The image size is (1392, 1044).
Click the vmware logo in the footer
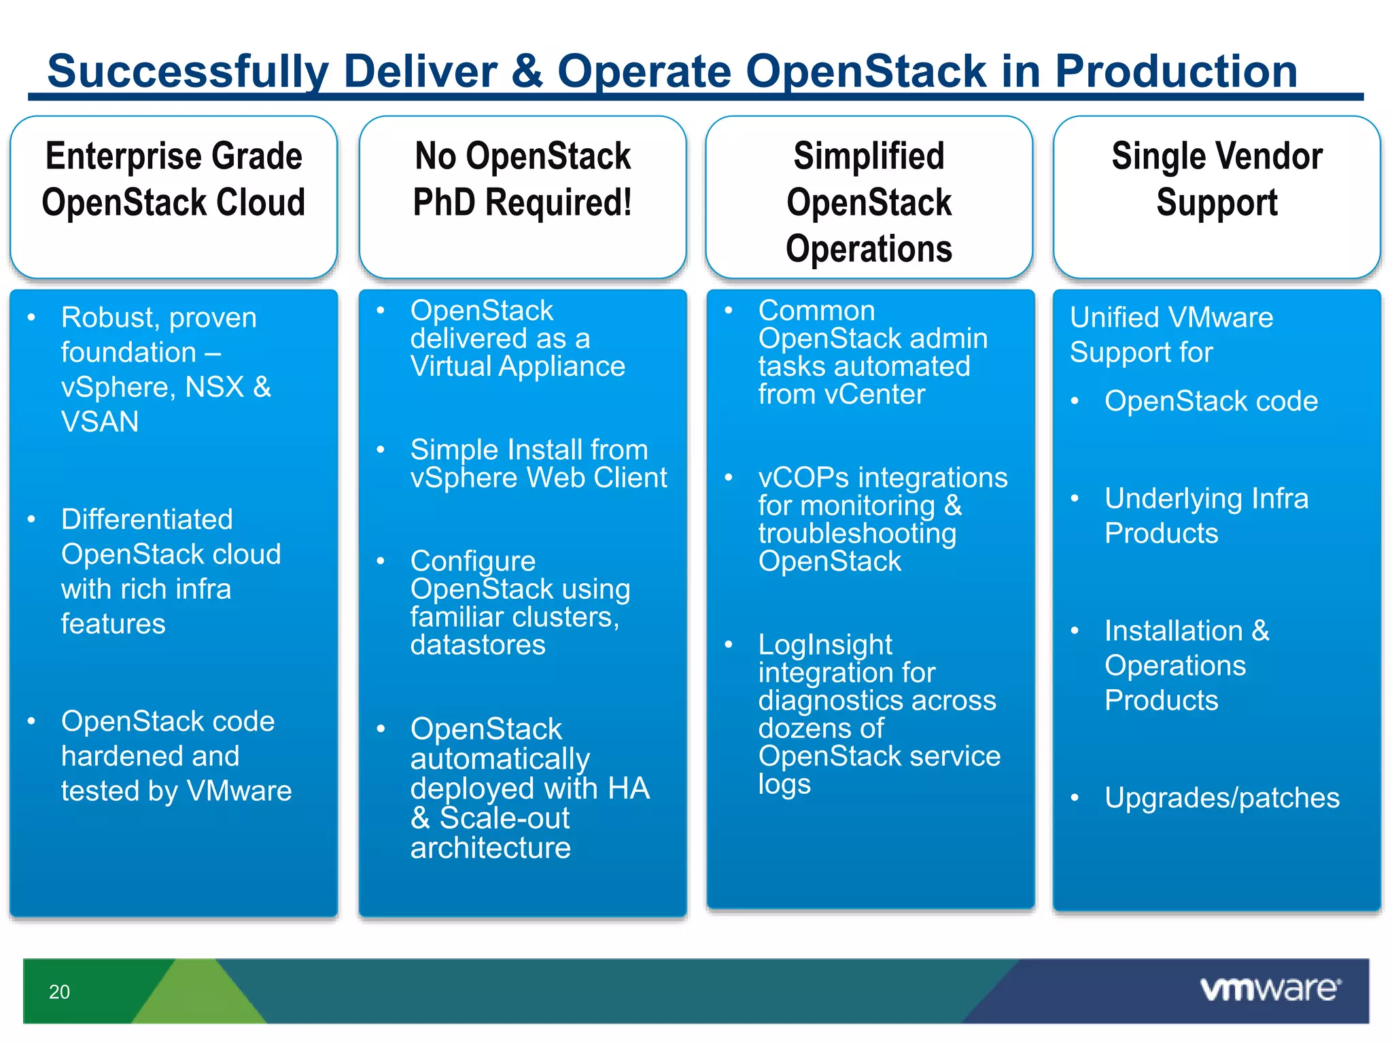[1270, 989]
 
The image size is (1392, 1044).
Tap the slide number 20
[59, 992]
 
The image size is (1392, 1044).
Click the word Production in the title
[1175, 71]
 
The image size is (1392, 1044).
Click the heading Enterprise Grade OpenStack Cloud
[173, 179]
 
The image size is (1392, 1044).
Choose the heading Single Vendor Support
[1217, 179]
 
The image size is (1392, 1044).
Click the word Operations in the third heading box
[869, 249]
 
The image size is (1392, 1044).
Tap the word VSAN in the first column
[100, 422]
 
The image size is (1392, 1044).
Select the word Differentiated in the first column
[147, 519]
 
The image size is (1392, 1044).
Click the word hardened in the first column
[150, 756]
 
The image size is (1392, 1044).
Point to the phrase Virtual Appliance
[517, 367]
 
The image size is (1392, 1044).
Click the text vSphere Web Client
[538, 478]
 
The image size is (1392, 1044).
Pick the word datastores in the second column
[478, 645]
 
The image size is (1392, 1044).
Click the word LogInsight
[825, 644]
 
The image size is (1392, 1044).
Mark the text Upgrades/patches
[1221, 798]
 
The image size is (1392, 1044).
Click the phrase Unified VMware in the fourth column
[1171, 317]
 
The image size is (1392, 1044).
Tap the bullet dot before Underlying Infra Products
[1075, 499]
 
